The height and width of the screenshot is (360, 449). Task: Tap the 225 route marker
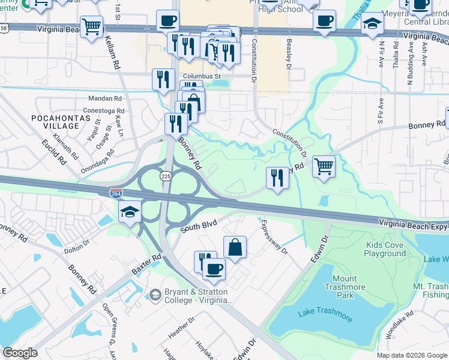point(166,176)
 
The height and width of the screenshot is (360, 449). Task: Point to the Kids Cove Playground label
point(385,250)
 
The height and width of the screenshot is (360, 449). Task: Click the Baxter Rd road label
point(148,263)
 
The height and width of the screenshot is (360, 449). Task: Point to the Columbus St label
point(202,77)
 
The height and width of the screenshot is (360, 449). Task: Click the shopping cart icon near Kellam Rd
point(91,26)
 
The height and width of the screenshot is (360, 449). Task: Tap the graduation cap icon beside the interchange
point(130,212)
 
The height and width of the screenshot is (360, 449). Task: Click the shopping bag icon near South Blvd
point(235,247)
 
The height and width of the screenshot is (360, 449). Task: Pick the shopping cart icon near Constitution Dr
point(324,166)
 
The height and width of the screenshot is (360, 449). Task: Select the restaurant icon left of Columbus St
point(163,79)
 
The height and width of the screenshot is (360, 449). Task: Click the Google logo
point(20,353)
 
